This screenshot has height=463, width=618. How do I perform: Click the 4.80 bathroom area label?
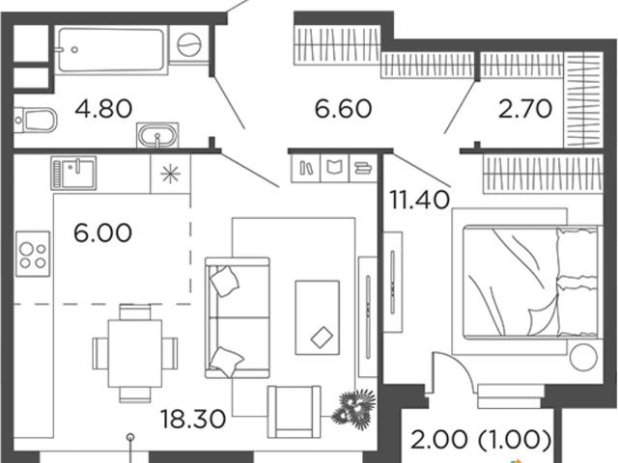[103, 109]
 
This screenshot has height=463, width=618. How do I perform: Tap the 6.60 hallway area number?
[343, 109]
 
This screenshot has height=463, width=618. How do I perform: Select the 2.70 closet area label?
[525, 109]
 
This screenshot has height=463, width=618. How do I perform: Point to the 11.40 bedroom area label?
[419, 200]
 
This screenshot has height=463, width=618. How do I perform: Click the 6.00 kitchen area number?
[102, 232]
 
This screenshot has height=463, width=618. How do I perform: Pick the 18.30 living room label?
[193, 419]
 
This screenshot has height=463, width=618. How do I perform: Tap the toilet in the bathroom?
[36, 120]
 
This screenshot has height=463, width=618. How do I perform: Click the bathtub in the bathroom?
[111, 49]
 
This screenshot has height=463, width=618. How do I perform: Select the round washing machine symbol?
[189, 44]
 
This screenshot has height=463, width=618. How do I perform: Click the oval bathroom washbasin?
[157, 135]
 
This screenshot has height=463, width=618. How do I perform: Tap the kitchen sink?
[73, 173]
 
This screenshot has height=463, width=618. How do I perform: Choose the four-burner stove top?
[33, 254]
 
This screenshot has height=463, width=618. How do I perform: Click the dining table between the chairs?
[135, 354]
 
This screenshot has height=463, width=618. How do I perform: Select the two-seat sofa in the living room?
[238, 317]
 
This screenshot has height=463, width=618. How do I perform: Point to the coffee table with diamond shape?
[318, 317]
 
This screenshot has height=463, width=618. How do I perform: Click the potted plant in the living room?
[353, 409]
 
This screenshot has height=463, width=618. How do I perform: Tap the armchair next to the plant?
[294, 412]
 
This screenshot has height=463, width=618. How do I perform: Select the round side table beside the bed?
[583, 357]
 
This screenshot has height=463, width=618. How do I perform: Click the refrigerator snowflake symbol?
[171, 174]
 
